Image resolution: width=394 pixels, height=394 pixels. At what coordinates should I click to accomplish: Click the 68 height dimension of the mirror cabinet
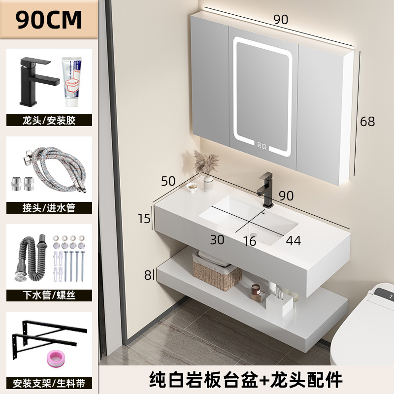click(367, 121)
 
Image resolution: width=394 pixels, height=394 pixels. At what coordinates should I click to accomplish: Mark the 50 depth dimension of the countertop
click(168, 181)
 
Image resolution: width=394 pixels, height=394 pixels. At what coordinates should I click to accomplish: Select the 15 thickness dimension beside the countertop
click(144, 218)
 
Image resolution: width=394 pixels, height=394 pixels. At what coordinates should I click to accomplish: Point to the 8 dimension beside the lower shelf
click(147, 275)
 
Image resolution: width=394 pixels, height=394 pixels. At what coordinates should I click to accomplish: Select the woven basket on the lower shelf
click(217, 273)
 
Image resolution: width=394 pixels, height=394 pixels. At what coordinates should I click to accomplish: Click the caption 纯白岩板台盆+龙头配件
click(246, 379)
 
